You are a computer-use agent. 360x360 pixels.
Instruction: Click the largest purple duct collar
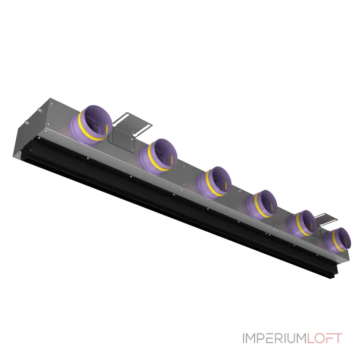pyautogui.click(x=91, y=126)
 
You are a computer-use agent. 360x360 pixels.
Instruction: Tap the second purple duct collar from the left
pyautogui.click(x=159, y=157)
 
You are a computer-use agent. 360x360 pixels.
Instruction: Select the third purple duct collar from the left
pyautogui.click(x=215, y=183)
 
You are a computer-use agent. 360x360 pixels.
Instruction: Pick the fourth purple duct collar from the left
pyautogui.click(x=262, y=205)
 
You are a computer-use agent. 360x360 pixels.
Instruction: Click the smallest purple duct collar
pyautogui.click(x=337, y=240)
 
